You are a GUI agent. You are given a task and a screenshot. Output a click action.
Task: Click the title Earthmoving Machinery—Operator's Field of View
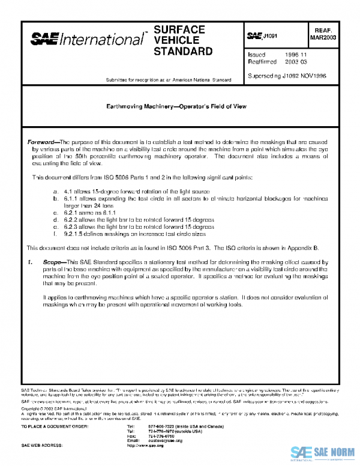tap(176, 106)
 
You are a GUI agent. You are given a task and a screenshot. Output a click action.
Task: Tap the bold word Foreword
tap(43, 142)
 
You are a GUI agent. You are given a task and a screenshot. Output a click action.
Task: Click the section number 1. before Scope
tap(31, 262)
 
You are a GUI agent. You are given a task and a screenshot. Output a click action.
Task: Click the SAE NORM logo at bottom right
tap(324, 453)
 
